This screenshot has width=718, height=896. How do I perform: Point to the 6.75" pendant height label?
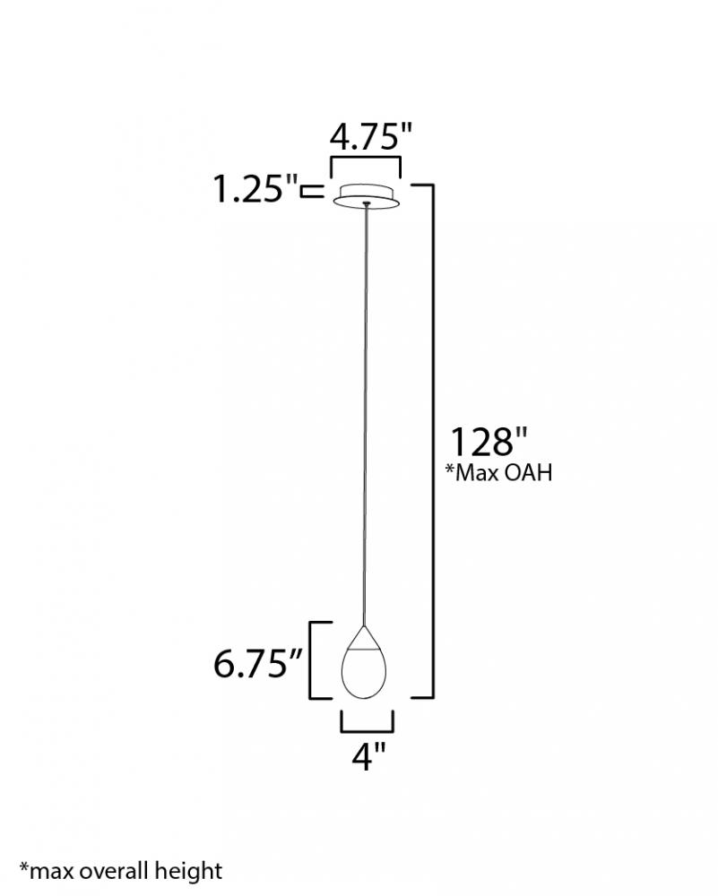(257, 663)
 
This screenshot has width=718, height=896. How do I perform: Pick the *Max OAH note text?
(498, 473)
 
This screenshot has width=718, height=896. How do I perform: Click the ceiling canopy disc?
(366, 195)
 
